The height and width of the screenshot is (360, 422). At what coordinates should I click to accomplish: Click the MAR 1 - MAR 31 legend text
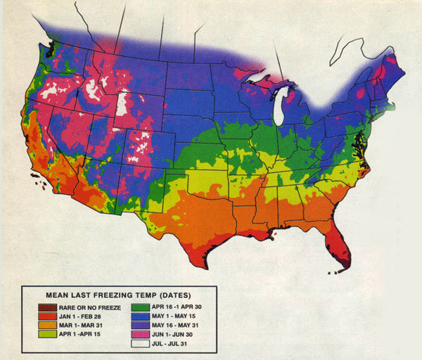click(84, 325)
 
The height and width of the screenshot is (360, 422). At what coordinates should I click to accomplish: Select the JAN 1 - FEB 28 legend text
click(84, 316)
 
